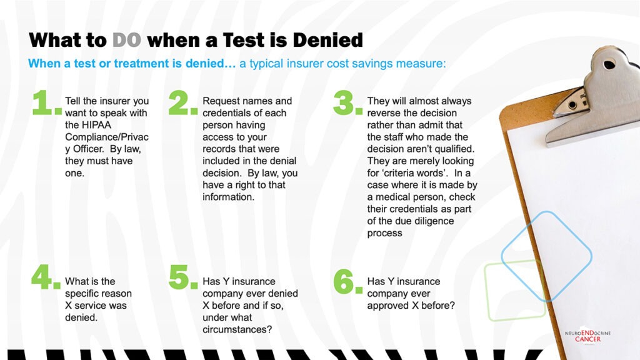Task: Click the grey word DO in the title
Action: [x=126, y=40]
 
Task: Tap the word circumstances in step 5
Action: [x=237, y=329]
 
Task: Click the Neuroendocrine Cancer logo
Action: [x=587, y=336]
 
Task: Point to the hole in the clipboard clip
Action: [x=609, y=64]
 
